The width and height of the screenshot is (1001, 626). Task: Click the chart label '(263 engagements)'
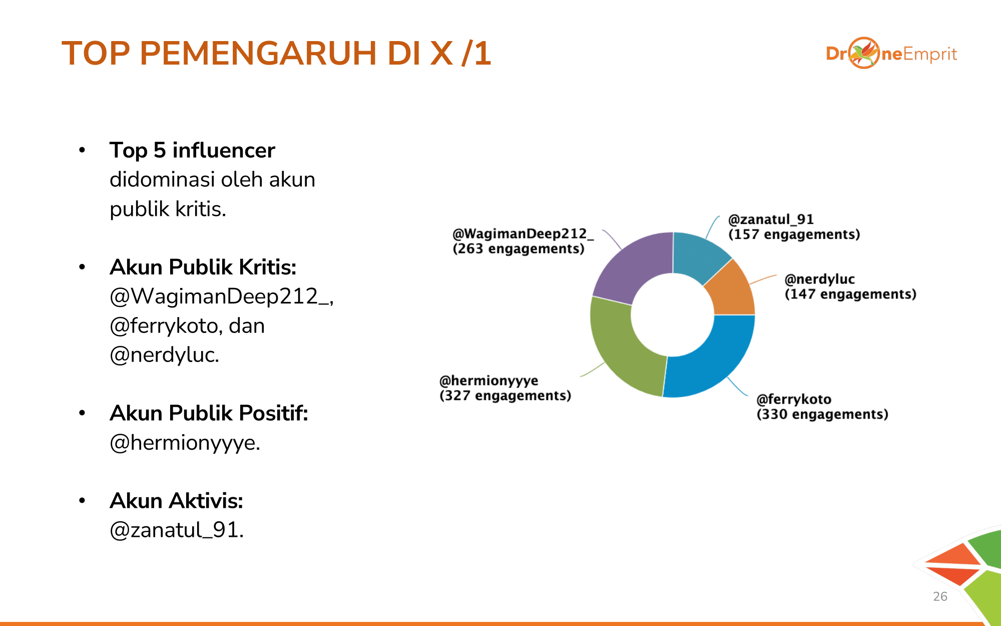click(519, 249)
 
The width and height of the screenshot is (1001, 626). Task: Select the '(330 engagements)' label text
click(822, 414)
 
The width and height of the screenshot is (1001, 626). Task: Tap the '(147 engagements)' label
click(850, 294)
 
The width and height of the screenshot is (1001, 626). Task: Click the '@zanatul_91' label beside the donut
click(771, 219)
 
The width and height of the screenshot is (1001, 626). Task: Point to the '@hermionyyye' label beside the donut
click(488, 381)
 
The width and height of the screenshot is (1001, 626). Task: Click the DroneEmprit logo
click(891, 53)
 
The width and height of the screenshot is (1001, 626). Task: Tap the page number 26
click(940, 596)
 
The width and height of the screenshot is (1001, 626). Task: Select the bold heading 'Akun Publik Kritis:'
click(203, 267)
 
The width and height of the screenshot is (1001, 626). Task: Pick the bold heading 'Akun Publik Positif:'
click(209, 413)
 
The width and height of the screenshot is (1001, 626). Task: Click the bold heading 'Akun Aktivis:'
click(177, 501)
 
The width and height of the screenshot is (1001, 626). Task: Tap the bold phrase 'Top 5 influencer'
click(192, 150)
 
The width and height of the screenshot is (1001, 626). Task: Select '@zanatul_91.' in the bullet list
click(177, 530)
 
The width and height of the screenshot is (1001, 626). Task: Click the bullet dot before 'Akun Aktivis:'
click(82, 500)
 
